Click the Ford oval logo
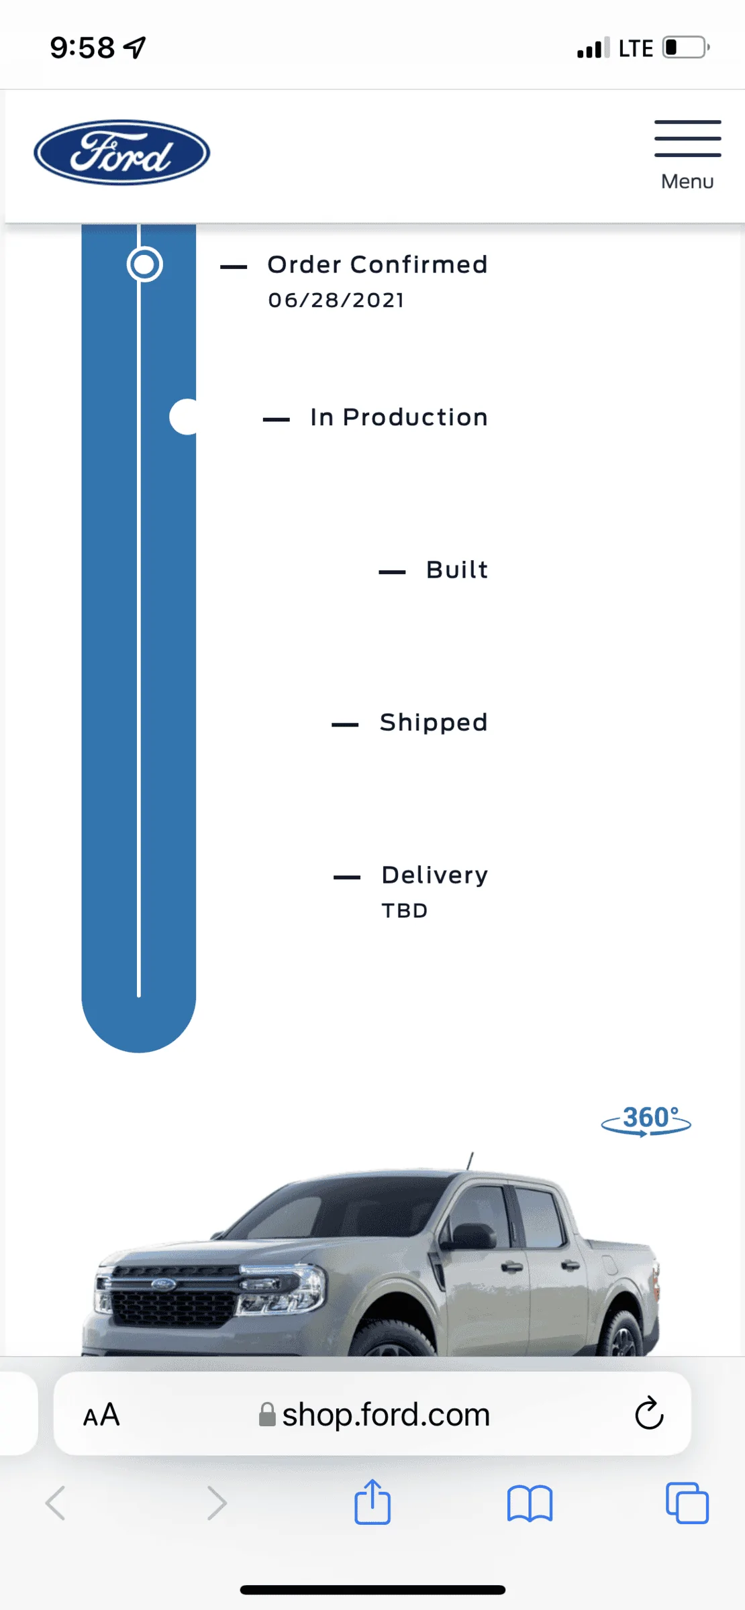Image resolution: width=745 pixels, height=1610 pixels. [x=121, y=152]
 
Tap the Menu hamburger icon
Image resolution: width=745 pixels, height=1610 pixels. [x=688, y=138]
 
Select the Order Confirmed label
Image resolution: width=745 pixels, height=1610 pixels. [x=377, y=265]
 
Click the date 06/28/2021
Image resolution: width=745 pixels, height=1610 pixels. [x=336, y=300]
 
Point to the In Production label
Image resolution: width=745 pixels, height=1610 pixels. [x=399, y=417]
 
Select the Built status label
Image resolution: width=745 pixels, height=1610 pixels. [x=457, y=570]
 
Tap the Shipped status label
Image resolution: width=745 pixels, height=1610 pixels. [x=434, y=722]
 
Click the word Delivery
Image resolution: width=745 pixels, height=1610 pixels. [x=435, y=875]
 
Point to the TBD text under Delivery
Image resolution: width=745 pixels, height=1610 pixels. [x=405, y=910]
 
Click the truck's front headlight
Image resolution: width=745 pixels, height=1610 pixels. [x=282, y=1287]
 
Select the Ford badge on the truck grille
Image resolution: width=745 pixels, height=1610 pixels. [x=163, y=1284]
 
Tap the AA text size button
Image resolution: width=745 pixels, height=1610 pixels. [x=101, y=1414]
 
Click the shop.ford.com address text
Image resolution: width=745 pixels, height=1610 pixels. [x=386, y=1414]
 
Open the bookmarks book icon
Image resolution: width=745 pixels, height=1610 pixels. [x=530, y=1503]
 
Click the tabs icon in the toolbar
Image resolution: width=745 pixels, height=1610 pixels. [x=687, y=1503]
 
